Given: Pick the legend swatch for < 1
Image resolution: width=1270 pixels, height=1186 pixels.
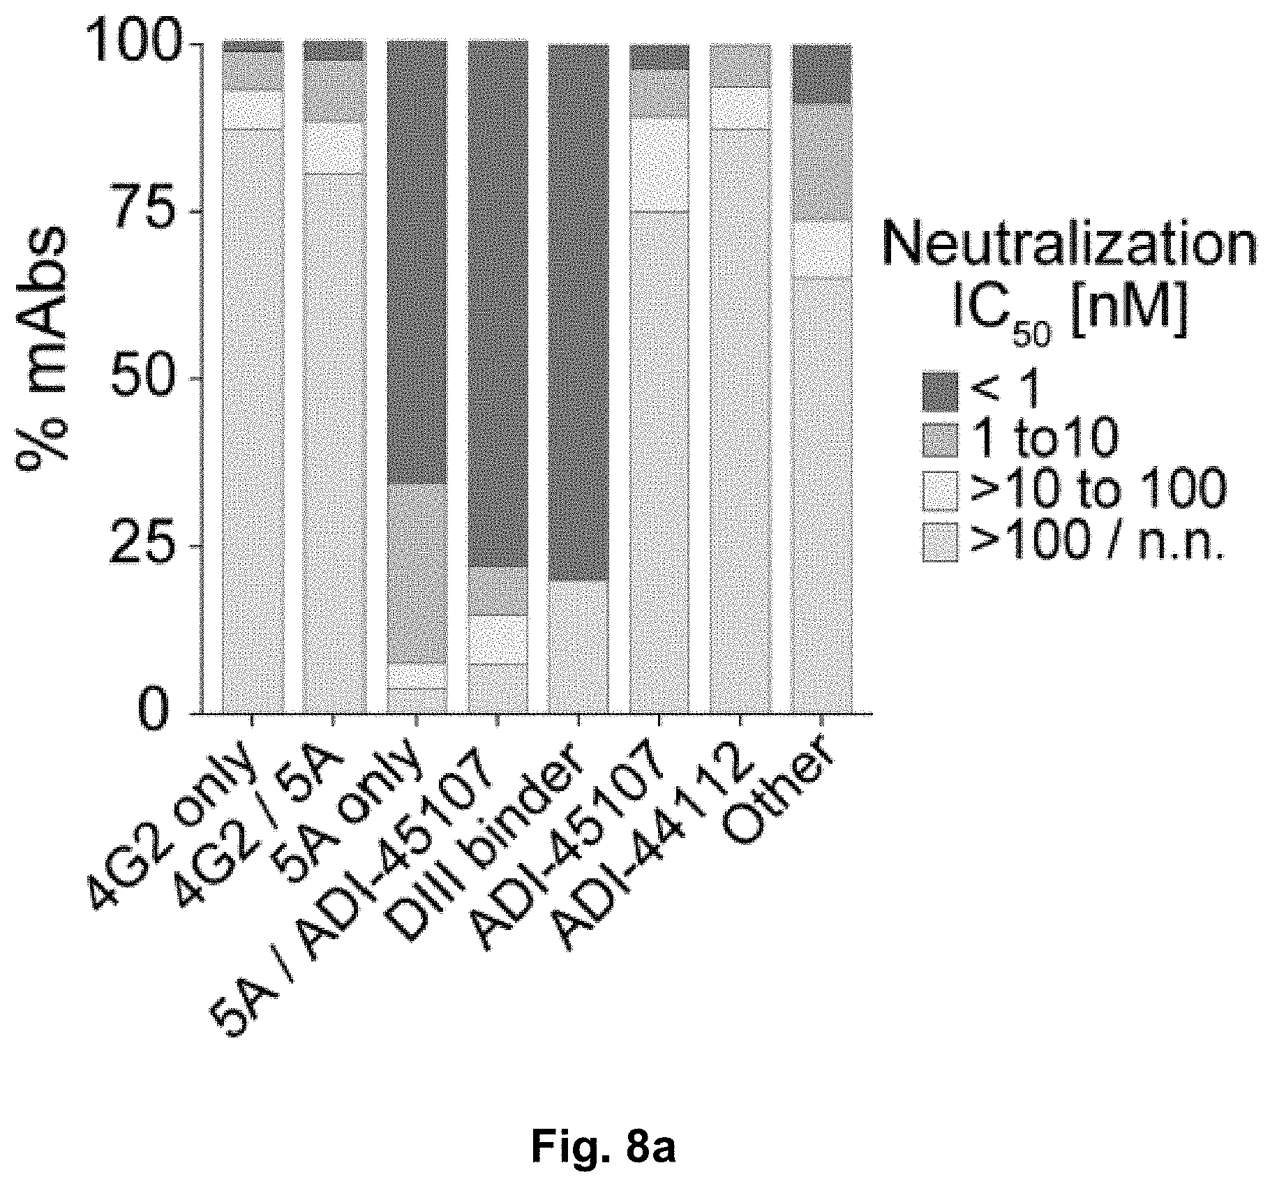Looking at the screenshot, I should [940, 391].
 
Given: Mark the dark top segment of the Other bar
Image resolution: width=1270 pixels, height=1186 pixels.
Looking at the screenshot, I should [822, 73].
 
